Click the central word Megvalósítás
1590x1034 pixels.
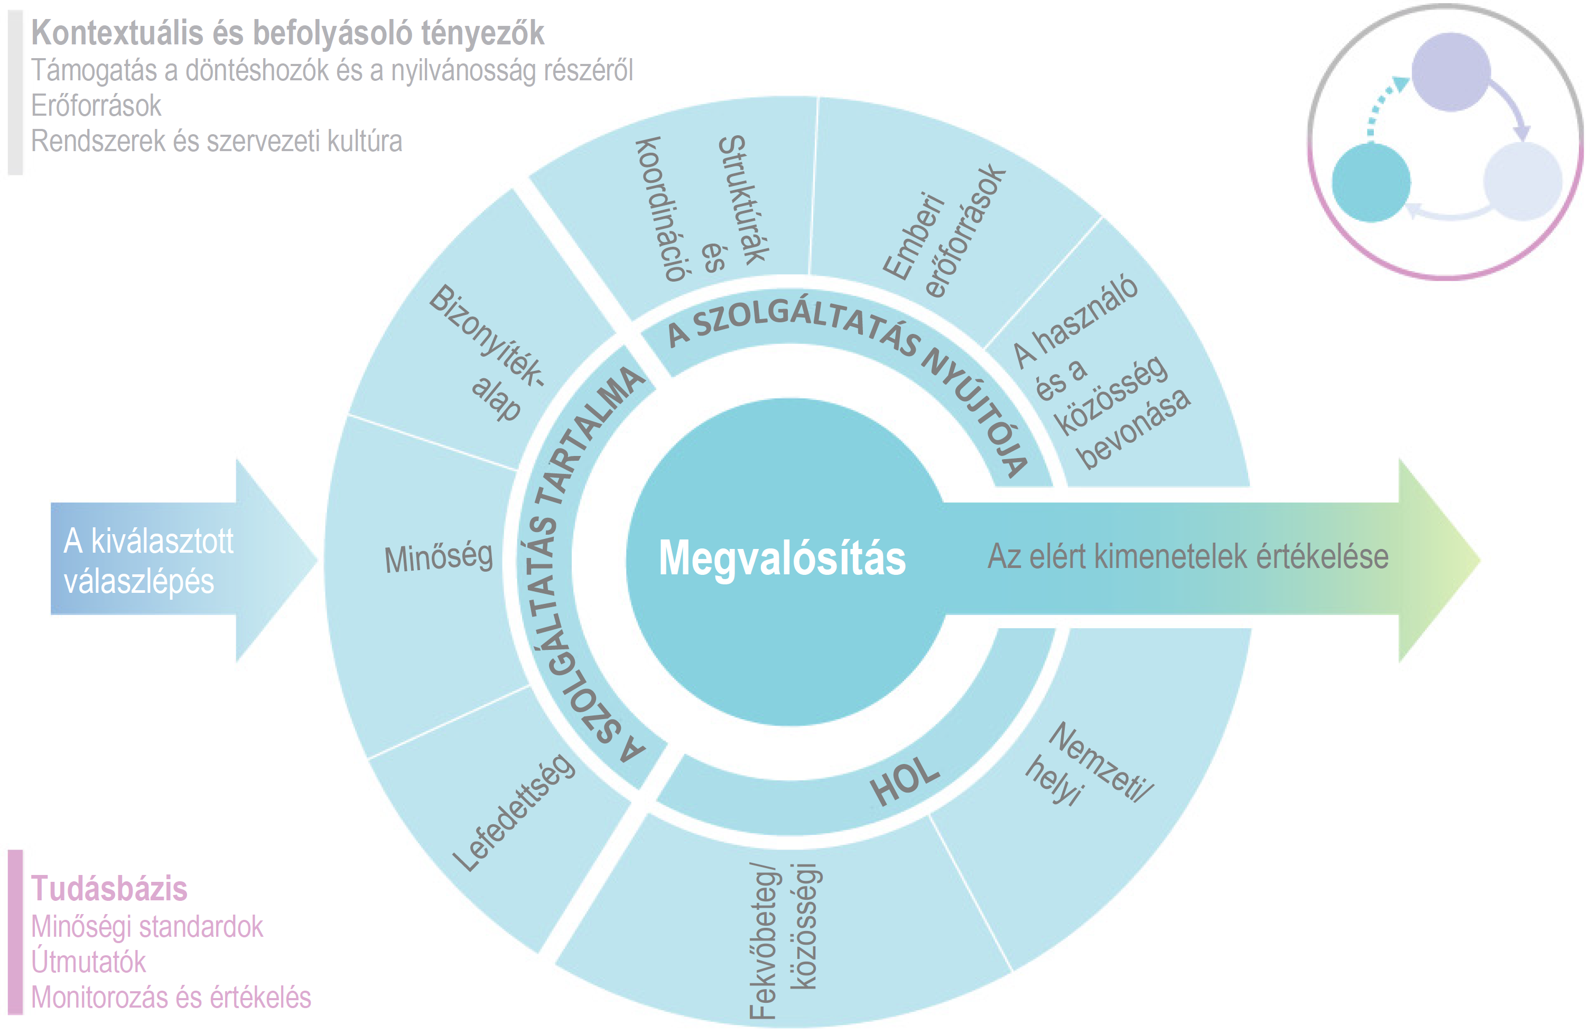coord(782,558)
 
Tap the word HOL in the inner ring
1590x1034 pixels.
coord(905,781)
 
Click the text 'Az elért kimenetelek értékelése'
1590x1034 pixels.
coord(1188,556)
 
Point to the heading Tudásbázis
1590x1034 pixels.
coord(109,888)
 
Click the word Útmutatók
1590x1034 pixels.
coord(88,962)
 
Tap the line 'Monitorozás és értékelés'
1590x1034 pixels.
coord(171,997)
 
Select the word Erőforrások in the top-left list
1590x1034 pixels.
coord(96,106)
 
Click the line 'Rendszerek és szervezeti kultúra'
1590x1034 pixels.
coord(217,141)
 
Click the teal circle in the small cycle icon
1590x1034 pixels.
coord(1371,182)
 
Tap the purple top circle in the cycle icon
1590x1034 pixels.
coord(1450,71)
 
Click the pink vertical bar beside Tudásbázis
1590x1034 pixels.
coord(15,932)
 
